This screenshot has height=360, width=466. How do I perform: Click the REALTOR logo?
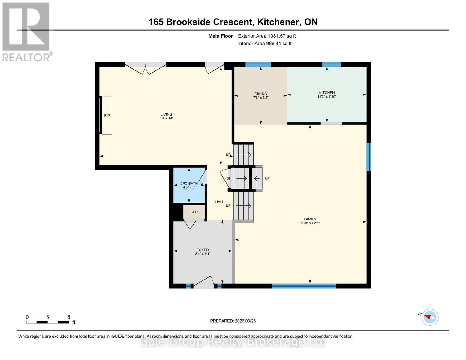pos(26,31)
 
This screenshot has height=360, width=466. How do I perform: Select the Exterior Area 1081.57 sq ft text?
pos(267,36)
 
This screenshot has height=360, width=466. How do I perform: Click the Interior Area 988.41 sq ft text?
pos(265,43)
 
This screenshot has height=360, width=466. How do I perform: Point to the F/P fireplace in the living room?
pos(107,115)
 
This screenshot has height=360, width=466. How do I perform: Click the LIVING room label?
pos(166,114)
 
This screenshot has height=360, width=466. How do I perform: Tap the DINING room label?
pos(260,94)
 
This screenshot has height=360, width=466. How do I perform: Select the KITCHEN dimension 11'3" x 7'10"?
pos(327,97)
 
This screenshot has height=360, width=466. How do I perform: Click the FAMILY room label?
pos(310,219)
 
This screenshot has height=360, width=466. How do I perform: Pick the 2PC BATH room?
pos(189,185)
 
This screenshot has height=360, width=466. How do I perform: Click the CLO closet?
pos(194,212)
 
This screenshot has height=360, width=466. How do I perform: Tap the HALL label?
pos(219,202)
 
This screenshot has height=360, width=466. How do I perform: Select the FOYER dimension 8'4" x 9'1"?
pos(203,254)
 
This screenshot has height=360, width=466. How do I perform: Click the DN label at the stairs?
pos(229,178)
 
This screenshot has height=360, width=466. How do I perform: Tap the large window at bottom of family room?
pos(304,286)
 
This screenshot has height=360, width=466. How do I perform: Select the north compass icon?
pos(430,317)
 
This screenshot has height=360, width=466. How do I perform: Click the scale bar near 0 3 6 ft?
pos(47,322)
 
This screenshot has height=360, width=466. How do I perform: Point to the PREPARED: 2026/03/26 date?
pos(233,321)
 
